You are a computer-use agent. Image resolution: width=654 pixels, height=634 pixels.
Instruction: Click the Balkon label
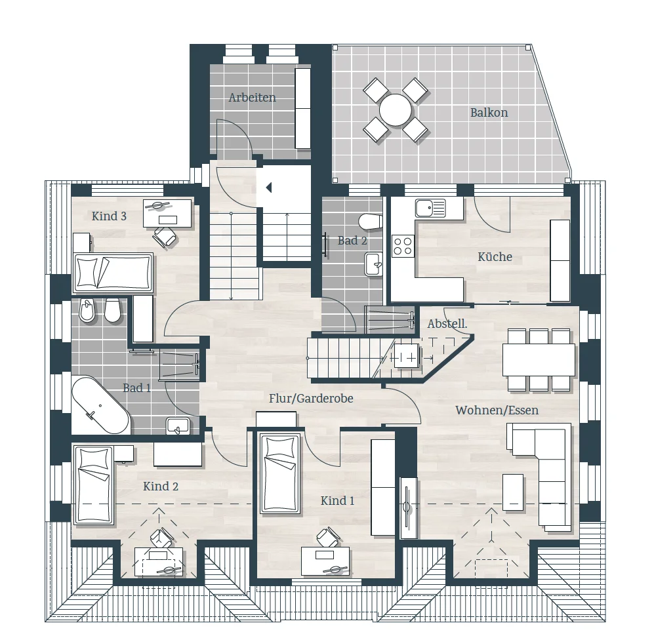click(x=489, y=113)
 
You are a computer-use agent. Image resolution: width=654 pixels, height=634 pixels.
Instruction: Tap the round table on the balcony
click(x=396, y=110)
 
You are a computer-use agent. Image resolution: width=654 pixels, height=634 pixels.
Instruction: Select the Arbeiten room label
click(x=253, y=98)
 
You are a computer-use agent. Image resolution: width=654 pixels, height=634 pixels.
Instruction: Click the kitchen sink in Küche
click(x=430, y=208)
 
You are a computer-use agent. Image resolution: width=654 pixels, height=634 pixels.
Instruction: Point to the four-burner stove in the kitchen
click(x=403, y=245)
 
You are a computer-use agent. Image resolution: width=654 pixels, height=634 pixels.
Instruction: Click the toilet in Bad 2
click(x=371, y=222)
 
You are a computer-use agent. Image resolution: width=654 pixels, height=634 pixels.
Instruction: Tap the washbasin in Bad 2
click(x=374, y=264)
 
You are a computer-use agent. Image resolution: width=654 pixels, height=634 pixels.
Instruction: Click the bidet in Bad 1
click(x=87, y=310)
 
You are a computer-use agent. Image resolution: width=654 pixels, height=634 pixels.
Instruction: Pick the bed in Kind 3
click(x=113, y=273)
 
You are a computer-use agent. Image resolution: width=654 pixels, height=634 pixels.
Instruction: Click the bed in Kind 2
click(x=94, y=485)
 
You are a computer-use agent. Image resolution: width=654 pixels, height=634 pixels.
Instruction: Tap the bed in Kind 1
click(x=280, y=474)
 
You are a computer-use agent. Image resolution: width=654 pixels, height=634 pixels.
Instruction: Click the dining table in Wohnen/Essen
click(x=539, y=360)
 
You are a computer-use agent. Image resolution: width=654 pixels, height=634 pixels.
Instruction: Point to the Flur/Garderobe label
click(x=311, y=399)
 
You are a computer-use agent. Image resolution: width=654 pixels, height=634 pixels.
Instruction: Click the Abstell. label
click(x=447, y=324)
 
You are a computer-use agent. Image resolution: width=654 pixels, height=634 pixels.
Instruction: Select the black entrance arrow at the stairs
click(x=269, y=188)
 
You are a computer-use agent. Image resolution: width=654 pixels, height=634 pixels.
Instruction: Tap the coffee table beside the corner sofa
click(x=513, y=492)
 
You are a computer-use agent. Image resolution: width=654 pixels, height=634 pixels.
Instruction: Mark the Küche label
click(x=495, y=256)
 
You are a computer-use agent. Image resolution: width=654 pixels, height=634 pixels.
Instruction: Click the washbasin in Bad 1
click(x=178, y=426)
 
